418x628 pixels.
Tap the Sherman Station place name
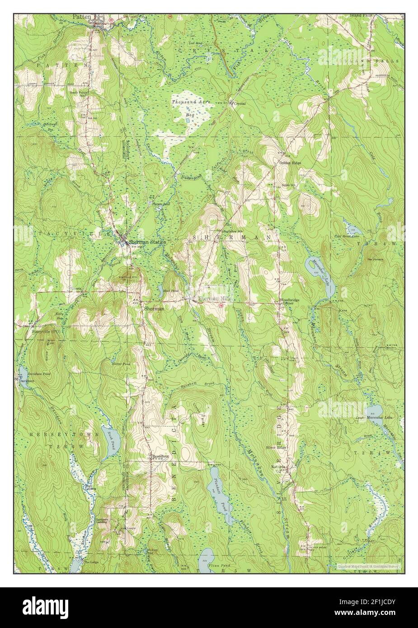click(x=147, y=242)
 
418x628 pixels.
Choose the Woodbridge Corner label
click(x=286, y=301)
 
